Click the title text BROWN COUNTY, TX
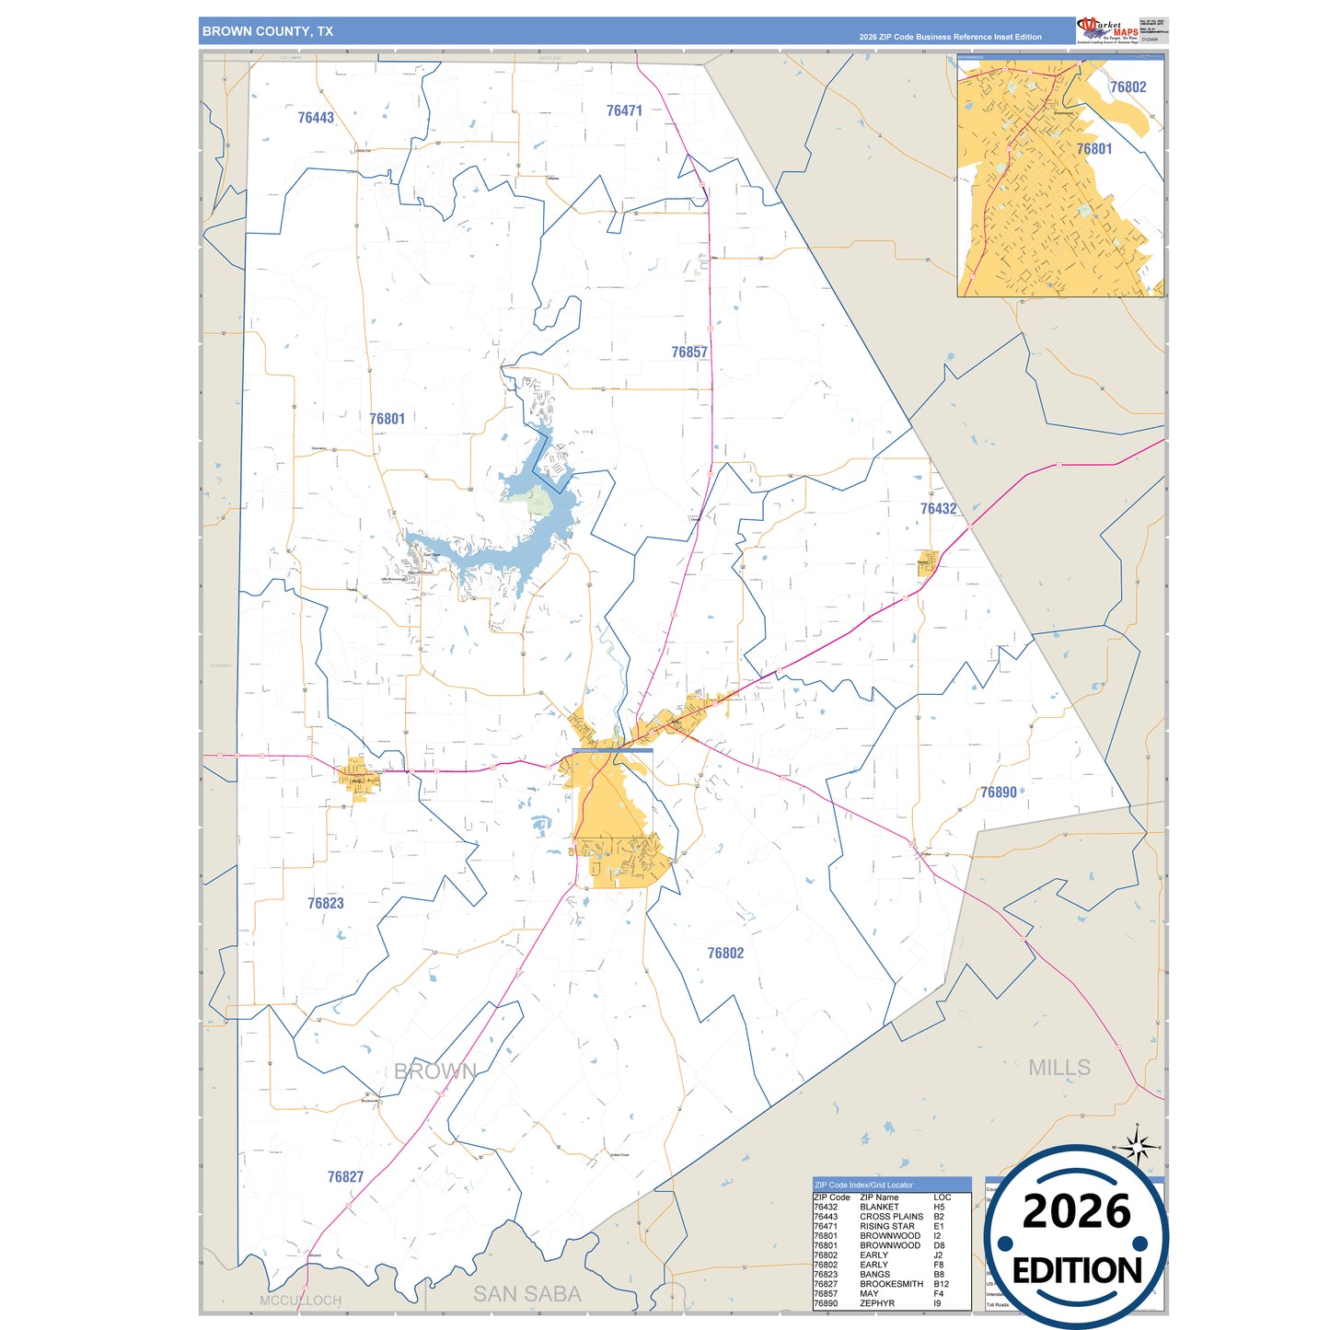click(268, 31)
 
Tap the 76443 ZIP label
click(316, 118)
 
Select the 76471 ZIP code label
click(624, 110)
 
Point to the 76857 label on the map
click(689, 353)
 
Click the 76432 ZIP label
click(938, 509)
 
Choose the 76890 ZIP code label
click(998, 792)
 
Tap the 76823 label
click(326, 904)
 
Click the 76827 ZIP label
click(345, 1177)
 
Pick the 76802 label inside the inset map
click(1128, 87)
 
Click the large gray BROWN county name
click(434, 1071)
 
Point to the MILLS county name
click(1059, 1068)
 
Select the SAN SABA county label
click(526, 1294)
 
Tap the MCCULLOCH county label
click(300, 1301)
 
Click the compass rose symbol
click(1138, 1148)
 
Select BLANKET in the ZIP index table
click(879, 1207)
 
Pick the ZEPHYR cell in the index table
click(877, 1303)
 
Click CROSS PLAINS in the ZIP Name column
click(891, 1217)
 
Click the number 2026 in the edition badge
click(1076, 1212)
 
